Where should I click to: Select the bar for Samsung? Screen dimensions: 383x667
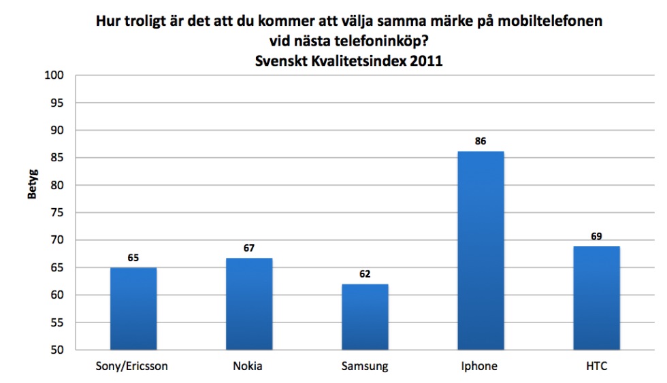365,317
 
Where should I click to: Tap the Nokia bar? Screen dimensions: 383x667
249,304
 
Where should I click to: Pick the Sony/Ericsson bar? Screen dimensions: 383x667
133,309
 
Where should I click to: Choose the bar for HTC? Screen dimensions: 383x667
596,298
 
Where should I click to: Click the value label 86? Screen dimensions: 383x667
481,141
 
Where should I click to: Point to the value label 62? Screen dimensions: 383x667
365,274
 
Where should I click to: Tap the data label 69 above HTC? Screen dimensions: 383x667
596,236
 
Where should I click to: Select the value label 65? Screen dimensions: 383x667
133,258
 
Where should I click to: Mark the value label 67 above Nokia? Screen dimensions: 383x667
249,248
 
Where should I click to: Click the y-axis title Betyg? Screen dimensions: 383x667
32,186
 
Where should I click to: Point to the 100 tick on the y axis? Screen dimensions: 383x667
55,76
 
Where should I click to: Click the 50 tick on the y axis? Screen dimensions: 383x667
58,350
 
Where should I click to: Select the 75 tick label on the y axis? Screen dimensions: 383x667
58,213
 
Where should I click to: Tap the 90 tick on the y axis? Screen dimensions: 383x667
58,131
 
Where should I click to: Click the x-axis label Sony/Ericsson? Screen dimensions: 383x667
133,367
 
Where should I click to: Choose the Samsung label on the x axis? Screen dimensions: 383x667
365,367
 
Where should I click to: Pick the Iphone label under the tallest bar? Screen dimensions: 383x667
481,367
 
